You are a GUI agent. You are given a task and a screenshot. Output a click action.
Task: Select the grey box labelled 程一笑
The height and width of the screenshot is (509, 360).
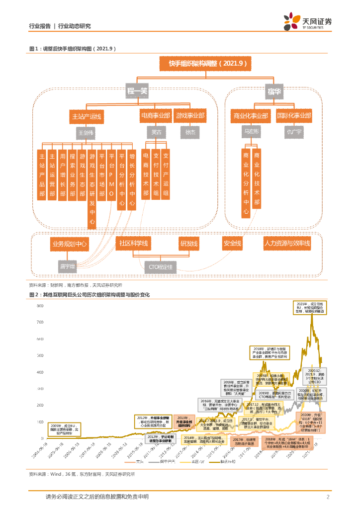pos(138,91)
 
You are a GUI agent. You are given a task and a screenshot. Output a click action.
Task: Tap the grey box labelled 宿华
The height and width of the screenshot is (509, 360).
pos(265,91)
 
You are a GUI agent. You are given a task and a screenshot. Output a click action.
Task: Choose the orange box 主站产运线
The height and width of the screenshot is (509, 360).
pos(86,117)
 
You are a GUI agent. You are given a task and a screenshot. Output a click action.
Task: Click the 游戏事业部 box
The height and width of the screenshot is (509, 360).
pos(190,115)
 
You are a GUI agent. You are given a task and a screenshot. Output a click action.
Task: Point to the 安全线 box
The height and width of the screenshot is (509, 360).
pos(232,243)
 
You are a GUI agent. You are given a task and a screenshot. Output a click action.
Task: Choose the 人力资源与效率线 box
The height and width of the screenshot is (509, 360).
pos(287,243)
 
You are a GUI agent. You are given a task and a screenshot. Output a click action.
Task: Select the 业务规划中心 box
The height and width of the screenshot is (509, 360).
pos(69,244)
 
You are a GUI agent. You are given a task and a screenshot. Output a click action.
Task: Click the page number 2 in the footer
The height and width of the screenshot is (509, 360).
pos(328,497)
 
